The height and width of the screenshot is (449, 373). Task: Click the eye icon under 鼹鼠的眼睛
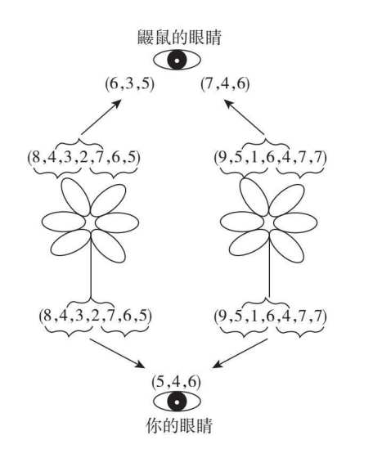tap(177, 61)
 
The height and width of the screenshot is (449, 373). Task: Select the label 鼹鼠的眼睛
tap(179, 38)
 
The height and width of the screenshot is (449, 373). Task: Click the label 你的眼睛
tap(179, 425)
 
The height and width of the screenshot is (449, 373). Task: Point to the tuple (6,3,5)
tap(130, 84)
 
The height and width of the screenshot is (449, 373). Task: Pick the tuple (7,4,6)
tap(225, 84)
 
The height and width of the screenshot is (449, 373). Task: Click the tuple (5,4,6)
tap(177, 382)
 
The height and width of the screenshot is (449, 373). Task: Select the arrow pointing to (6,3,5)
tap(101, 117)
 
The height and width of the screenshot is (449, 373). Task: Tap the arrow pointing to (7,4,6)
tap(244, 117)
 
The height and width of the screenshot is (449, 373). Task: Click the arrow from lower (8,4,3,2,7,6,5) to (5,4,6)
tap(118, 353)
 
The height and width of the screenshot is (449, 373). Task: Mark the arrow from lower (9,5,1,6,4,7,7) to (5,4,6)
tap(240, 353)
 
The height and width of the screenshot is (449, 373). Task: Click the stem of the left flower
tap(91, 265)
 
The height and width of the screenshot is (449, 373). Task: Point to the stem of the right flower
tap(269, 265)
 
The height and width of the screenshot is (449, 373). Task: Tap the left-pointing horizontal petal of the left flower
tap(64, 222)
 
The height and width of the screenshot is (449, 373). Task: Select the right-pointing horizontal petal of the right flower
tap(295, 222)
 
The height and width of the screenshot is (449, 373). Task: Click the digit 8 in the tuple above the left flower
tap(36, 158)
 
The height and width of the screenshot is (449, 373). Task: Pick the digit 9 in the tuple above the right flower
tap(222, 158)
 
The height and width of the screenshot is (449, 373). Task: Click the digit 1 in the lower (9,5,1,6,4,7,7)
tap(254, 317)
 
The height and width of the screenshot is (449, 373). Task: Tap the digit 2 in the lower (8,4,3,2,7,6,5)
tap(96, 317)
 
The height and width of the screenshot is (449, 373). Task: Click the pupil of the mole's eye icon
tap(177, 61)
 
